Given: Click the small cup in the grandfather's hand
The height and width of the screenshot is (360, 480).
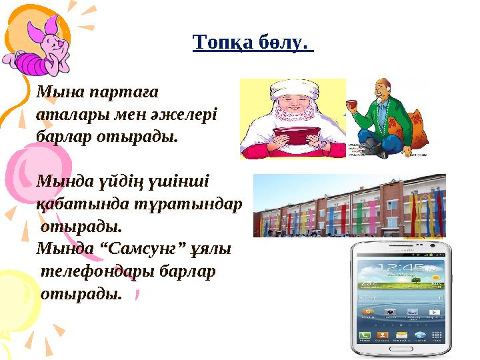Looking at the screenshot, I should click(x=349, y=103).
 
